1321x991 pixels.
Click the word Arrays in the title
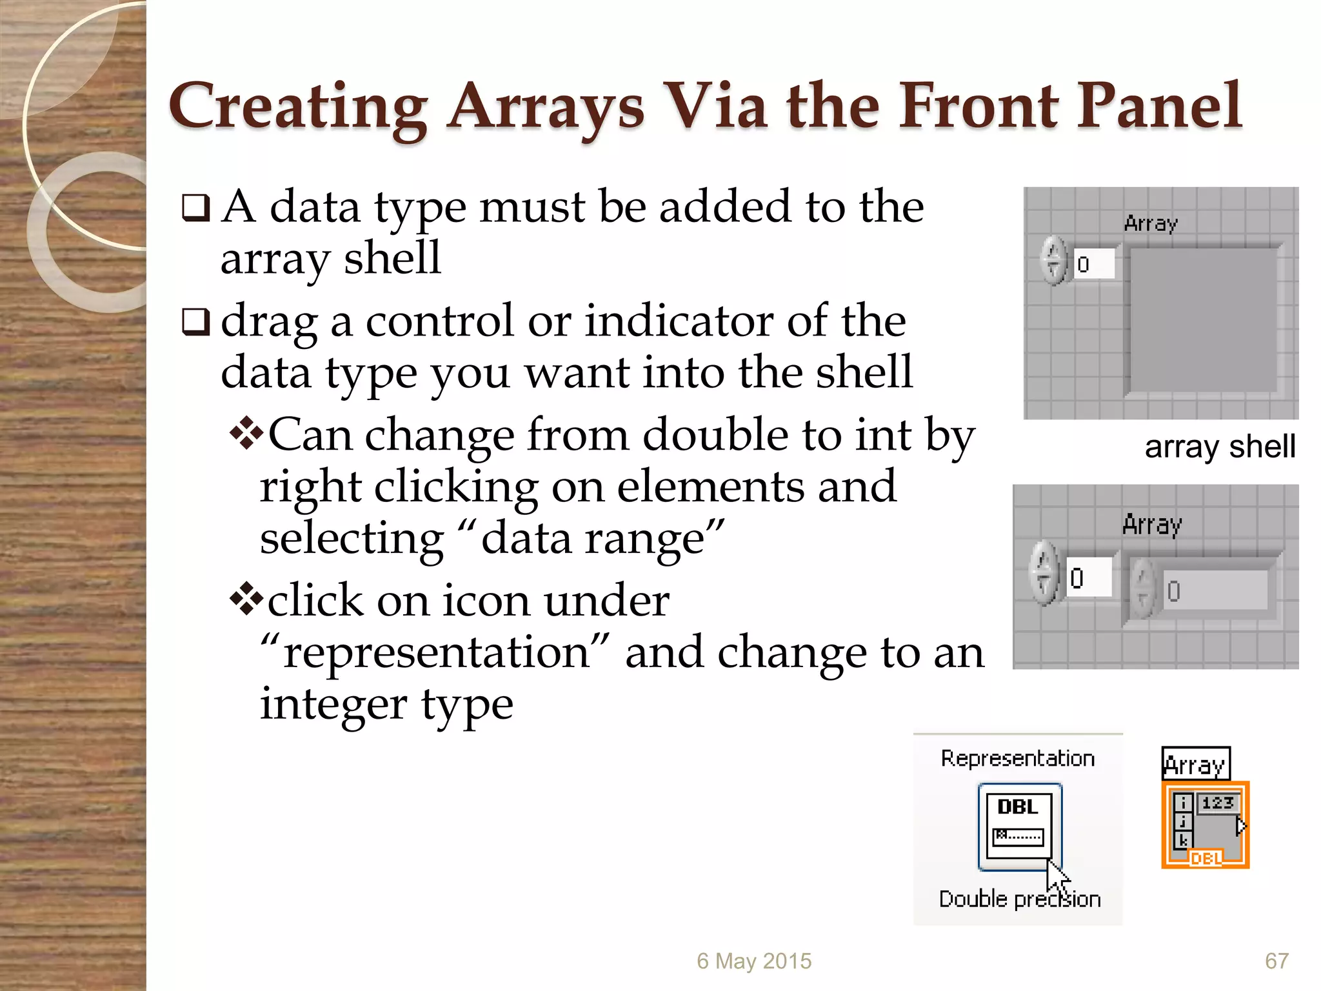click(x=546, y=107)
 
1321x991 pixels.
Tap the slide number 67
click(x=1276, y=961)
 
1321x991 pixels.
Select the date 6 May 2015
click(x=753, y=961)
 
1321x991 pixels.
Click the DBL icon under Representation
click(x=1019, y=826)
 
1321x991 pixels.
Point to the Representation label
click(x=1018, y=758)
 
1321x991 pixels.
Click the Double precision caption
click(x=1019, y=899)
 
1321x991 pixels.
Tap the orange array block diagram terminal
click(x=1205, y=825)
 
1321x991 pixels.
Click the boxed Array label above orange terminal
click(x=1195, y=764)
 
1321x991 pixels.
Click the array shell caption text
click(x=1219, y=446)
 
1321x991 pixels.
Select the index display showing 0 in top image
click(x=1093, y=264)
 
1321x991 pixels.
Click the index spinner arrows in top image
click(x=1054, y=261)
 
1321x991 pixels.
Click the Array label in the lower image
click(x=1152, y=524)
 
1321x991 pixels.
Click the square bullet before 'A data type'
click(x=196, y=208)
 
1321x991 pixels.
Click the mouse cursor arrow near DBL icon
click(x=1057, y=878)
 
